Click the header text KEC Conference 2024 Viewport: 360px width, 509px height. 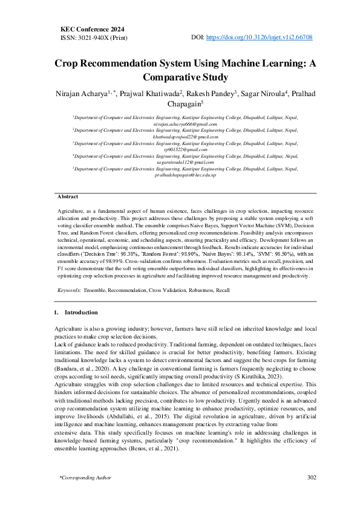[x=94, y=28]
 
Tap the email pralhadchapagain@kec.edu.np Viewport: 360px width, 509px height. [x=185, y=175]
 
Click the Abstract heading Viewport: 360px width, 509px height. [x=68, y=197]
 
